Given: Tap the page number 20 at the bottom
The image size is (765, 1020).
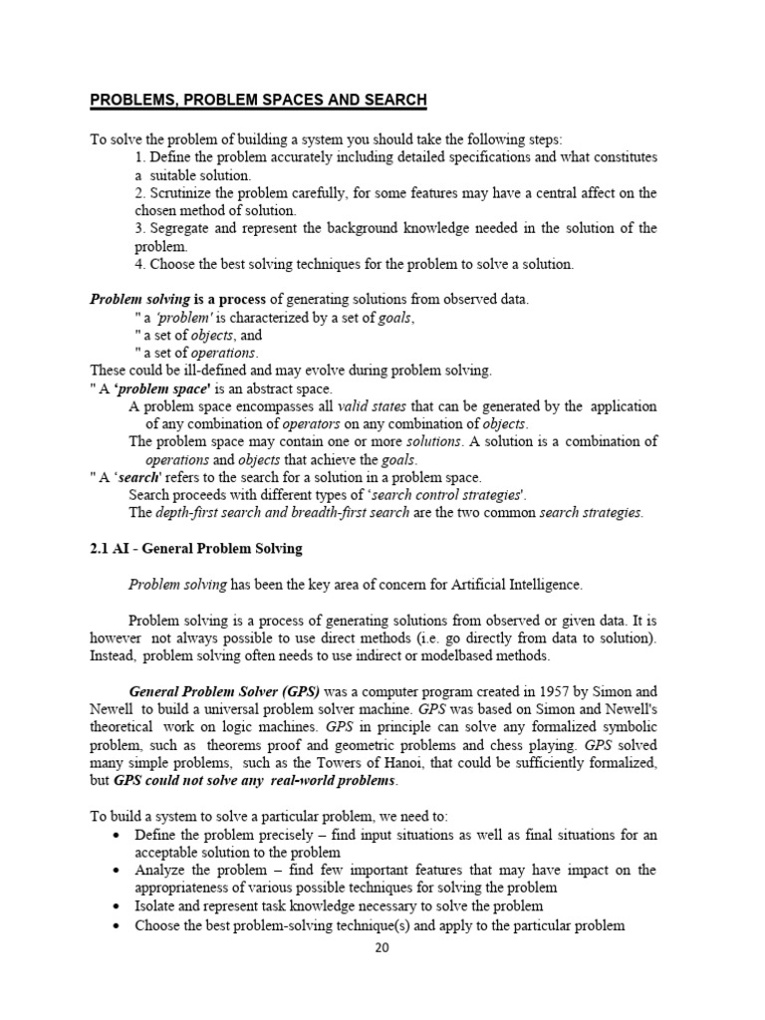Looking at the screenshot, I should (382, 947).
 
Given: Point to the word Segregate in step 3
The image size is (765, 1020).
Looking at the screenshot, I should (180, 228).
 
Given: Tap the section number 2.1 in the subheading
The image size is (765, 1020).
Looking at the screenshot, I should (101, 549).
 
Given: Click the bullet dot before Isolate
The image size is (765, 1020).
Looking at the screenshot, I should (120, 906).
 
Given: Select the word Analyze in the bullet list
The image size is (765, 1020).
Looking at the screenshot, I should (162, 871).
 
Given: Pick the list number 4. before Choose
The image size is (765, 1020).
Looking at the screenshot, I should (140, 264).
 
